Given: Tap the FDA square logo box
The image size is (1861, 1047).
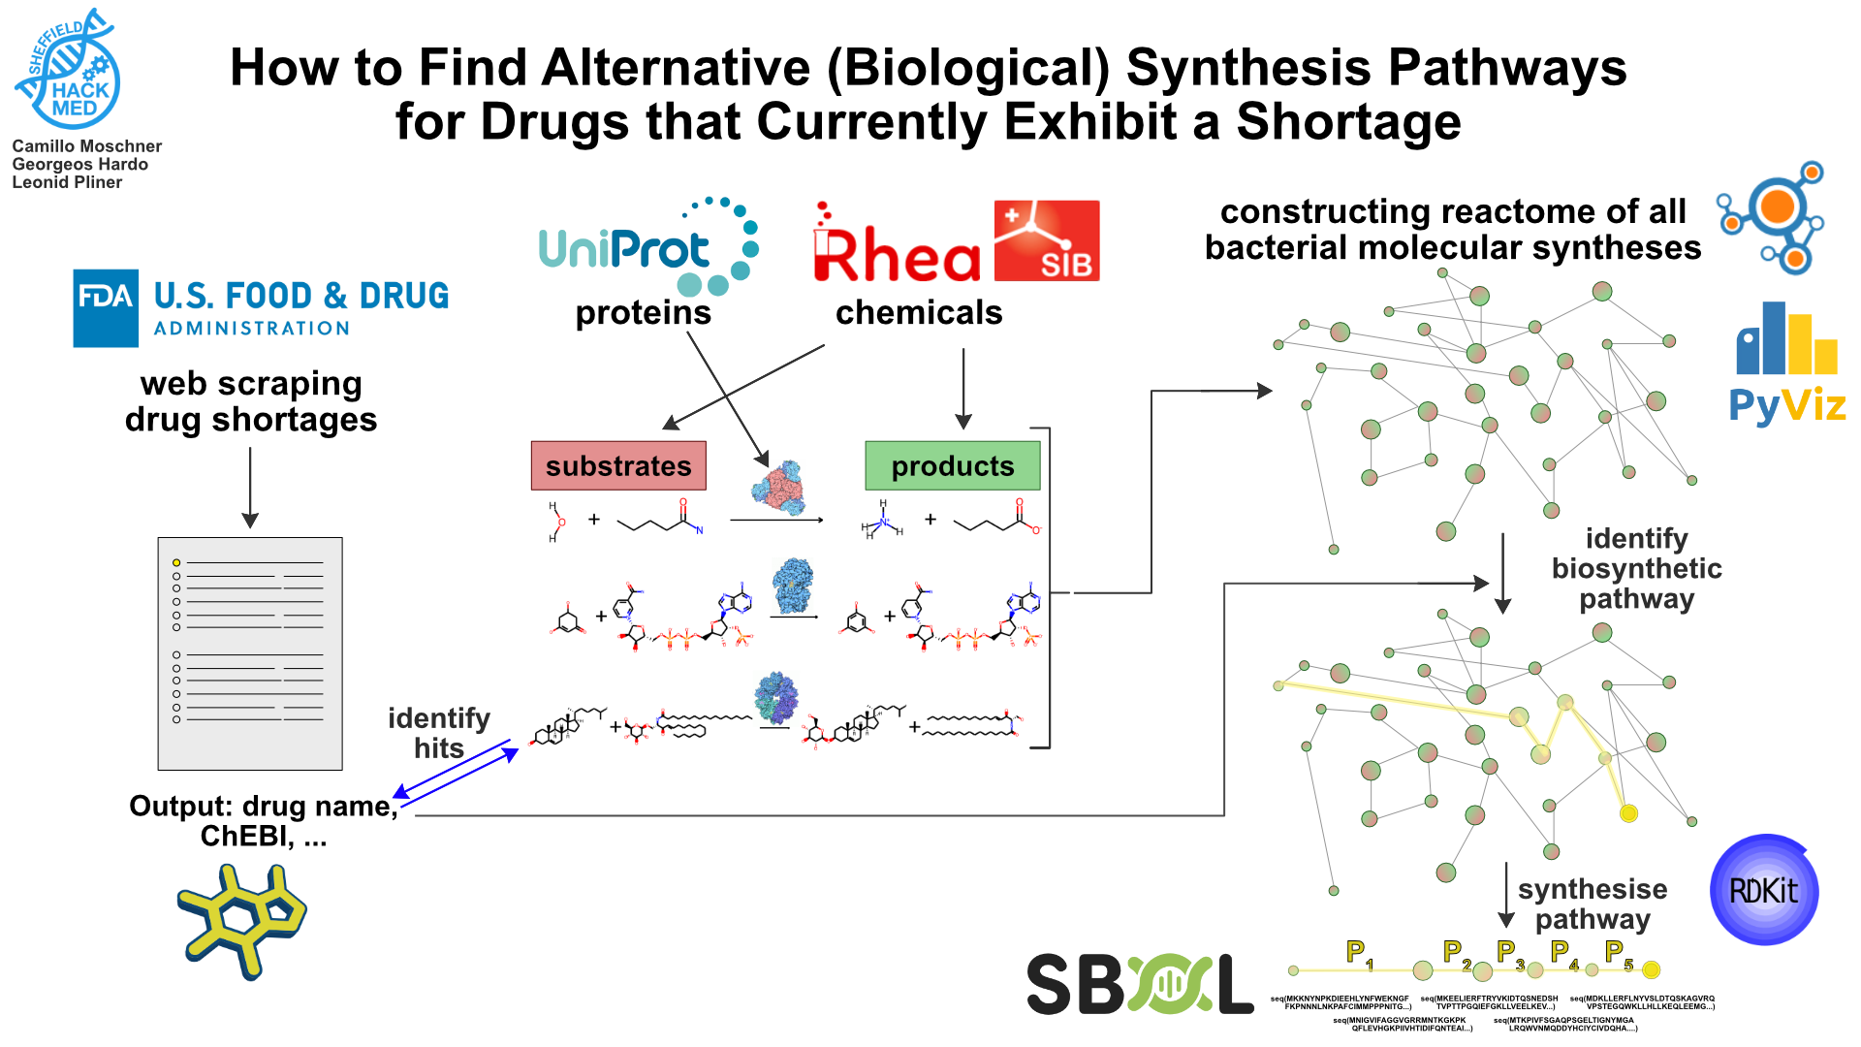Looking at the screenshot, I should click(x=106, y=308).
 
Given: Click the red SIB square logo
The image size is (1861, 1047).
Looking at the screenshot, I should click(x=1047, y=240).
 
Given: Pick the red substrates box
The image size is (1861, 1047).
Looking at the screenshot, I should click(x=618, y=466).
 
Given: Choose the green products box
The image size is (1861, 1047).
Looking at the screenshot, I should click(x=952, y=466).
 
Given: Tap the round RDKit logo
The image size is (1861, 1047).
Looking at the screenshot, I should click(x=1764, y=890).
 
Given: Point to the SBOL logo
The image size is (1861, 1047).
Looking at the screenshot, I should click(x=1140, y=983).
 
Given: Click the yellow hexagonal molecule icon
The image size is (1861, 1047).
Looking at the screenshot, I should click(x=242, y=921).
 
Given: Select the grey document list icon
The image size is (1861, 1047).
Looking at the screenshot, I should click(x=250, y=653).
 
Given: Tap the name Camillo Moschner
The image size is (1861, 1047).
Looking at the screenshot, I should click(x=86, y=146).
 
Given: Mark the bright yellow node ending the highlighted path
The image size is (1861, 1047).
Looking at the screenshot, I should click(x=1628, y=813).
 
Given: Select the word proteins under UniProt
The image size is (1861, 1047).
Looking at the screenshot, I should click(x=643, y=313).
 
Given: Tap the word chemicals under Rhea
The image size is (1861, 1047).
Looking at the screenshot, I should click(x=918, y=313).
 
